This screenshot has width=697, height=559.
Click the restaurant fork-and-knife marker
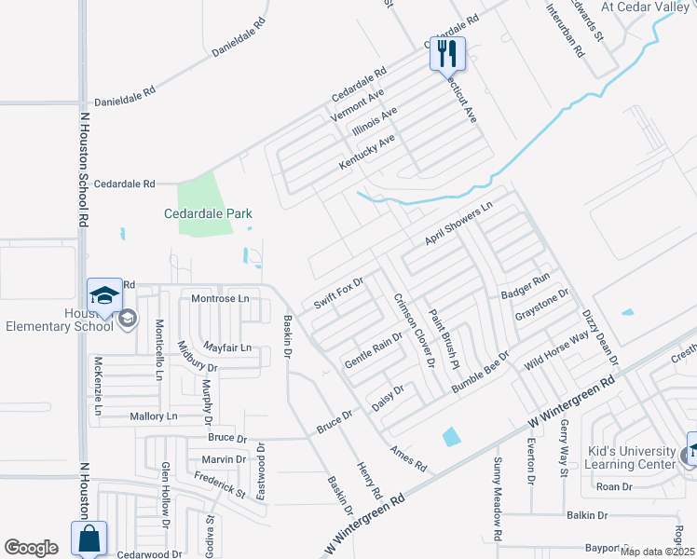tap(448, 53)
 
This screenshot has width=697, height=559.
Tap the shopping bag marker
tap(89, 539)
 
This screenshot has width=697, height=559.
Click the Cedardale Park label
tap(209, 213)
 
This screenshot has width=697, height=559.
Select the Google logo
tap(31, 548)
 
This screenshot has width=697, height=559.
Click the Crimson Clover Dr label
tap(415, 331)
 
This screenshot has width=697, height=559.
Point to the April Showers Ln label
tap(458, 226)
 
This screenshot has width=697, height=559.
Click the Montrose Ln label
tap(221, 298)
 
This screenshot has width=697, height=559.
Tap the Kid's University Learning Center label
tap(631, 457)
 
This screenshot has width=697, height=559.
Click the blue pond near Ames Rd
tap(451, 435)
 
